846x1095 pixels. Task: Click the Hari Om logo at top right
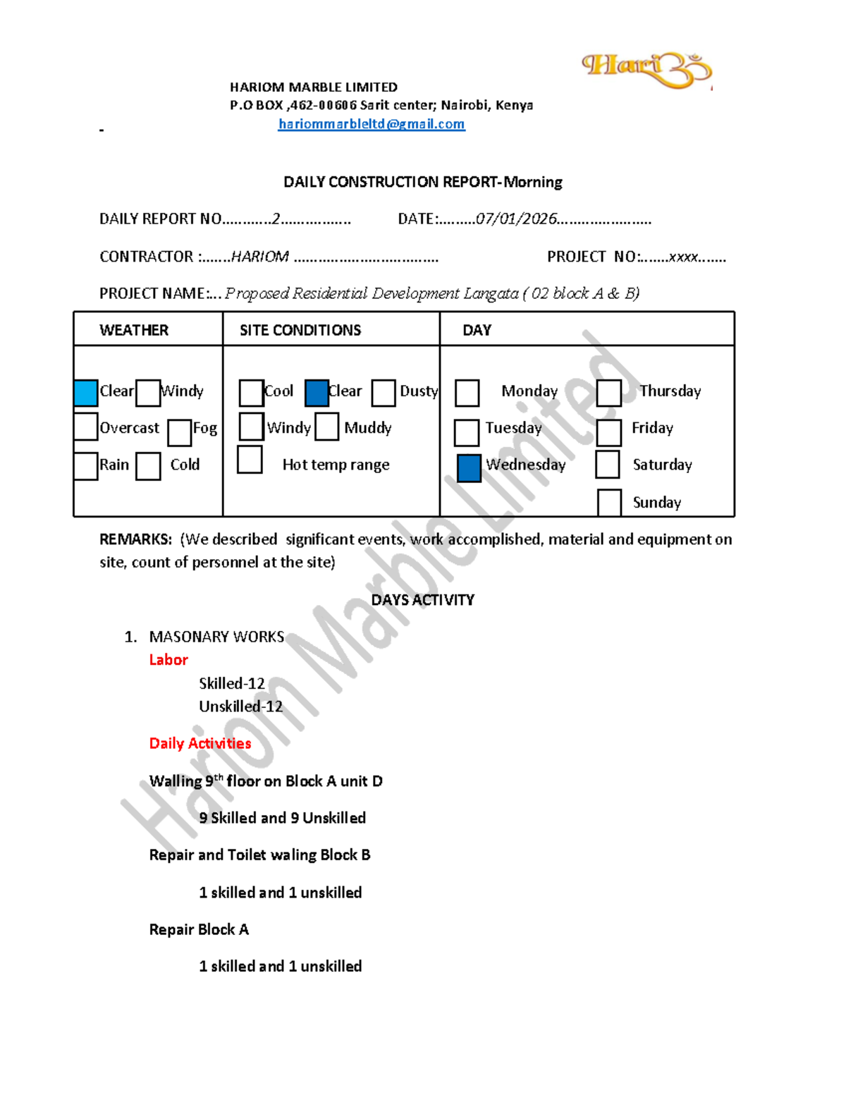point(646,70)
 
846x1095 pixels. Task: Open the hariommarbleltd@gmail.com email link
point(372,124)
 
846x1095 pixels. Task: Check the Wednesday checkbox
point(469,468)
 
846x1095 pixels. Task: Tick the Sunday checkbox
point(609,502)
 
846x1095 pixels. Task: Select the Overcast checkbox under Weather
point(86,427)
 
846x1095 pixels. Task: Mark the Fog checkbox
point(180,432)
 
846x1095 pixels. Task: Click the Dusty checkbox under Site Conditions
point(384,393)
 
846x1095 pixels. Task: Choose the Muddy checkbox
point(327,427)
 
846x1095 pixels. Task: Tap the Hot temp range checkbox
point(250,460)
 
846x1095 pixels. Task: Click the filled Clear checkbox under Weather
point(86,393)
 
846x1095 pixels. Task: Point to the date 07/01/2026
point(517,219)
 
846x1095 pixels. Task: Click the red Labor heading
point(168,660)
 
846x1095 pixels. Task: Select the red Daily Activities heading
point(200,743)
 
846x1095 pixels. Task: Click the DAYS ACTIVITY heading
point(423,600)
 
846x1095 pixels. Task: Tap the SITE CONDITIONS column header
point(300,330)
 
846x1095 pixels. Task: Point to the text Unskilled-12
point(240,706)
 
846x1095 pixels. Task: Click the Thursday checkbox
point(609,393)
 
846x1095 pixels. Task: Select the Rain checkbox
point(86,466)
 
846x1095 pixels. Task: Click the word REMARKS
point(135,539)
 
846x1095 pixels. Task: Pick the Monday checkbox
point(467,393)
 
